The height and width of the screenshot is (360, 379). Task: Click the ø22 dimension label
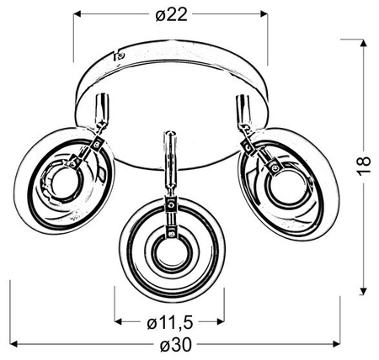coord(171,14)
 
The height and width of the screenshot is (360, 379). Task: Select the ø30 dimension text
coord(176,345)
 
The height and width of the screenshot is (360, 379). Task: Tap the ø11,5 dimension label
coord(170,323)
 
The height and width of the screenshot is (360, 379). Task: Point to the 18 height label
coord(364,166)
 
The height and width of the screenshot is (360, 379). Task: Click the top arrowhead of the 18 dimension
coord(364,43)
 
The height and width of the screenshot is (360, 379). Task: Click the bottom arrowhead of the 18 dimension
coord(364,291)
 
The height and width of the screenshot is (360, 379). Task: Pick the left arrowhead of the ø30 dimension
coord(14,344)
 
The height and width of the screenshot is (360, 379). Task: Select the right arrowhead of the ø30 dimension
coord(336,344)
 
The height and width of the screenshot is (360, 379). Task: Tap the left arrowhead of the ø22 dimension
coord(77,13)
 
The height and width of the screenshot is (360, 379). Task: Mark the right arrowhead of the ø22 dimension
coord(264,13)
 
